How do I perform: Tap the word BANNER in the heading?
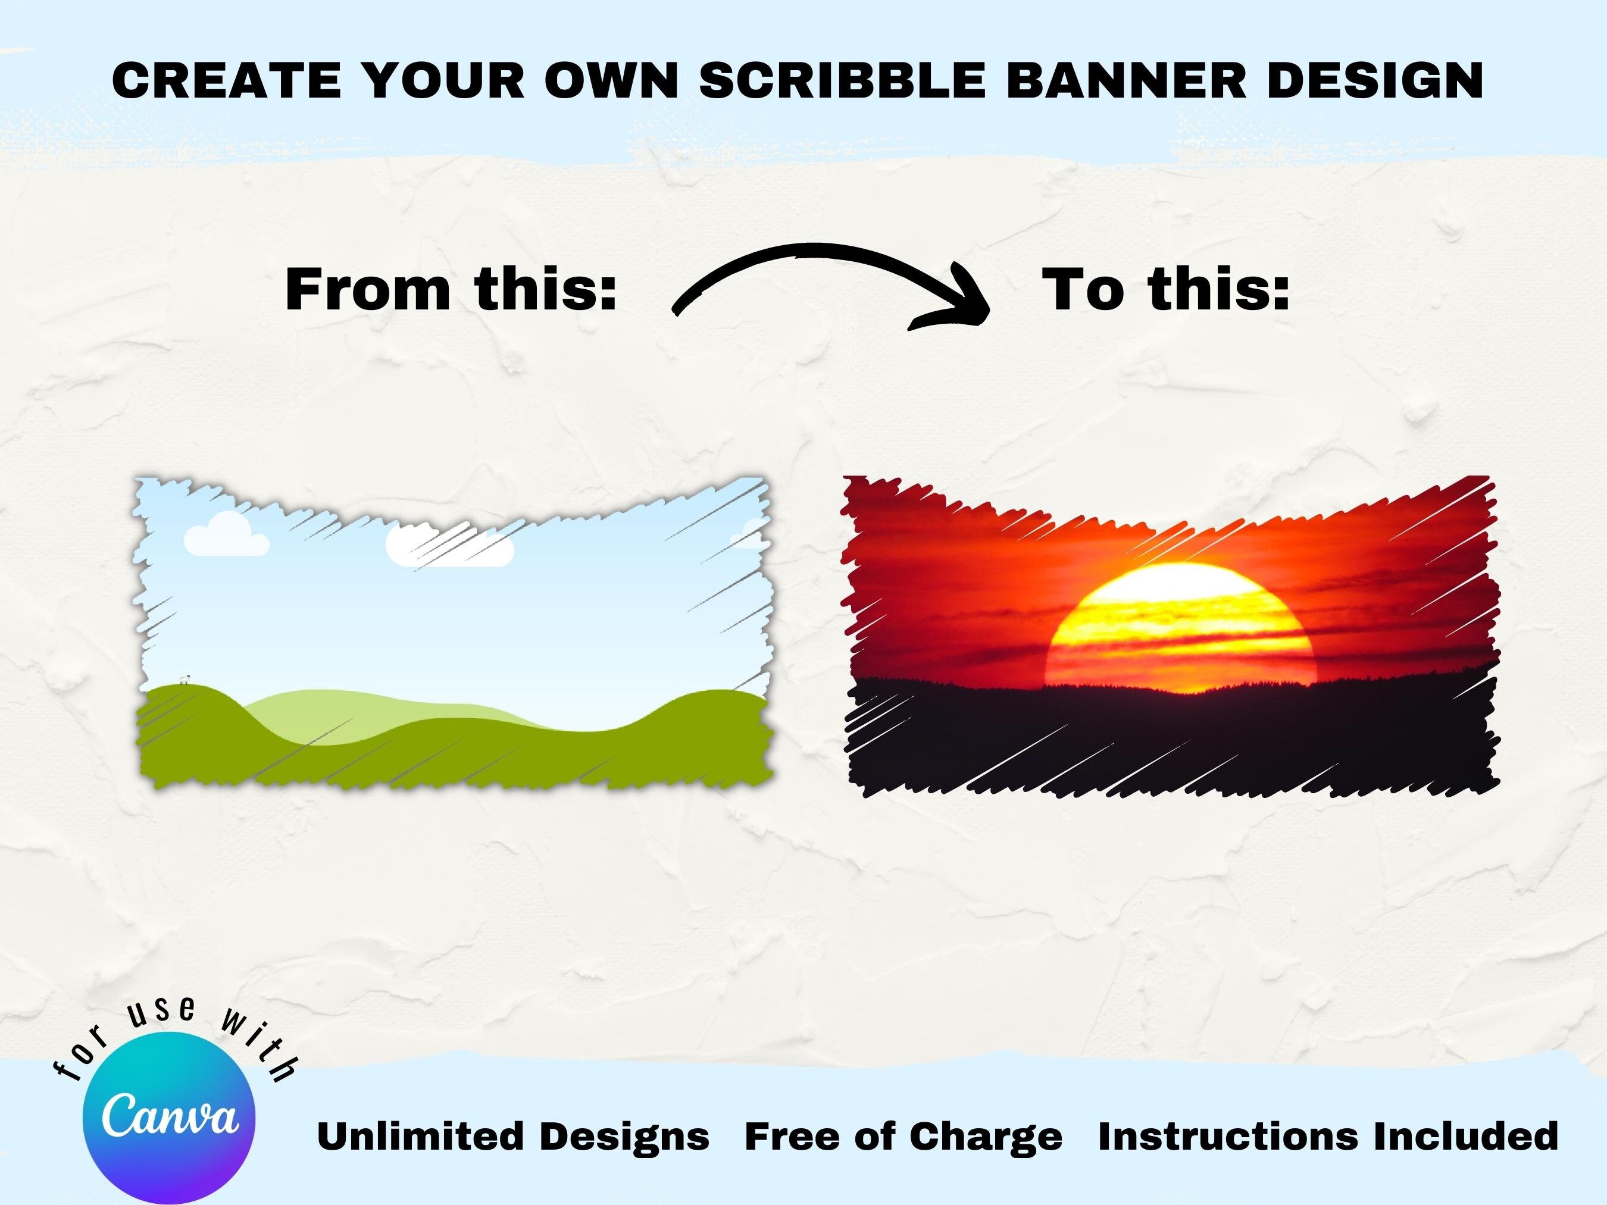1126,80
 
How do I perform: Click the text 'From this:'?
451,289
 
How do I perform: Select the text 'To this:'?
1166,289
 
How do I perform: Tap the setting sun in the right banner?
1180,625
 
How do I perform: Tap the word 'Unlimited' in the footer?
421,1137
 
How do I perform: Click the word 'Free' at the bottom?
794,1137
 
